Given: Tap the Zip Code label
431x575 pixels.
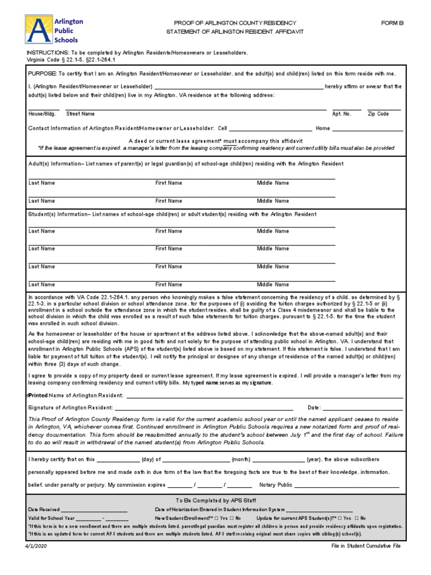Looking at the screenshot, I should point(378,113).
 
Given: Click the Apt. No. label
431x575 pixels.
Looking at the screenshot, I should point(341,113).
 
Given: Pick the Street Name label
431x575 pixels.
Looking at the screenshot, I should point(80,113).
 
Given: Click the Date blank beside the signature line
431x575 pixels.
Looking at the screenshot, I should point(363,407).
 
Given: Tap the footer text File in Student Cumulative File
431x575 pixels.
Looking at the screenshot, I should point(366,546).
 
